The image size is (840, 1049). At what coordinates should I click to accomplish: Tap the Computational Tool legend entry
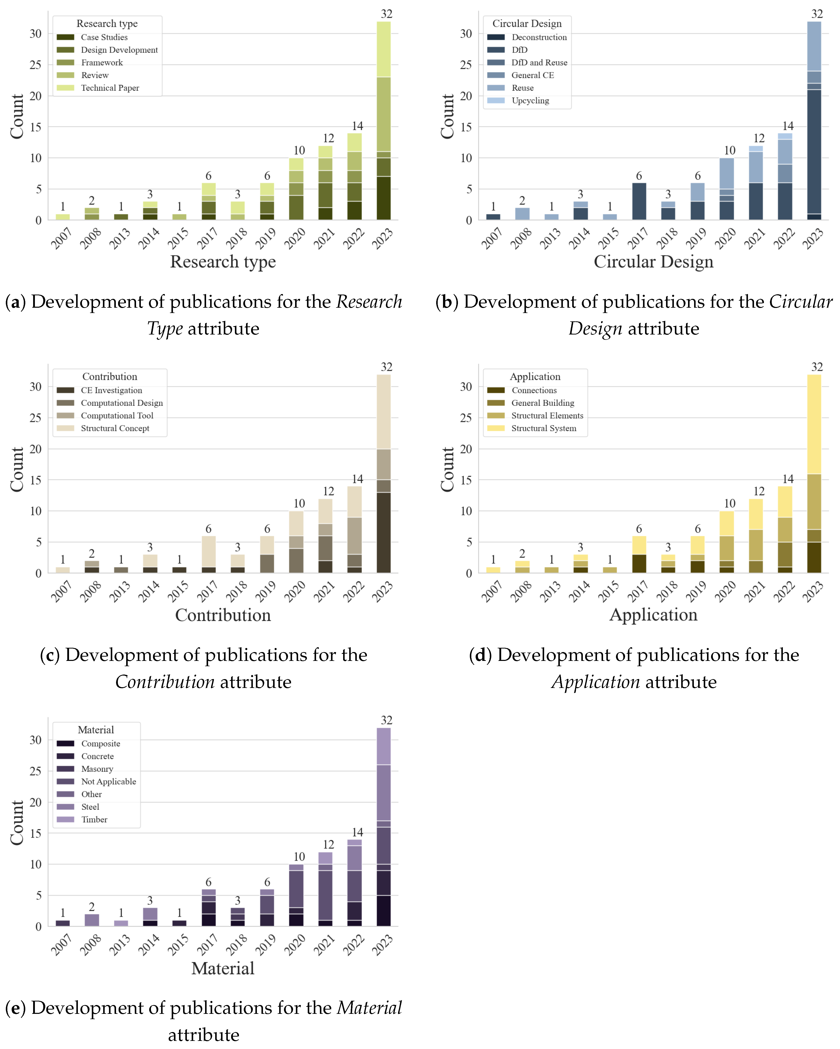point(117,415)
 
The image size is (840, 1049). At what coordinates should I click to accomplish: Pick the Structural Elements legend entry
point(547,415)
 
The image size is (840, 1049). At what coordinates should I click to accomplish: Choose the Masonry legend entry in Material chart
point(97,769)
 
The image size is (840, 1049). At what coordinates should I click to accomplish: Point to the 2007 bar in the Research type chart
point(63,217)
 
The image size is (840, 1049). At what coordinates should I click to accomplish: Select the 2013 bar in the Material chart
point(121,923)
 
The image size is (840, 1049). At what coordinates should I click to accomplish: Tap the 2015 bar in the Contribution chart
point(180,570)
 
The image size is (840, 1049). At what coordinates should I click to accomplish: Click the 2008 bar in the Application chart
point(522,567)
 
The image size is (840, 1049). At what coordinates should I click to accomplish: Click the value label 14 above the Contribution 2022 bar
point(357,479)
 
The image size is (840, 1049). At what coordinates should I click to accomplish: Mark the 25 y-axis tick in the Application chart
point(466,418)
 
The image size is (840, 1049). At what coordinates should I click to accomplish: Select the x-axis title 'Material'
point(223,968)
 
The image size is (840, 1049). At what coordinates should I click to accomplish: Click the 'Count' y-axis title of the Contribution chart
point(17,470)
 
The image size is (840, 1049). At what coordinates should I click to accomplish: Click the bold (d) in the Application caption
point(480,655)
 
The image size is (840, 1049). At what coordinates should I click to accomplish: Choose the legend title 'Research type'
point(107,23)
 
